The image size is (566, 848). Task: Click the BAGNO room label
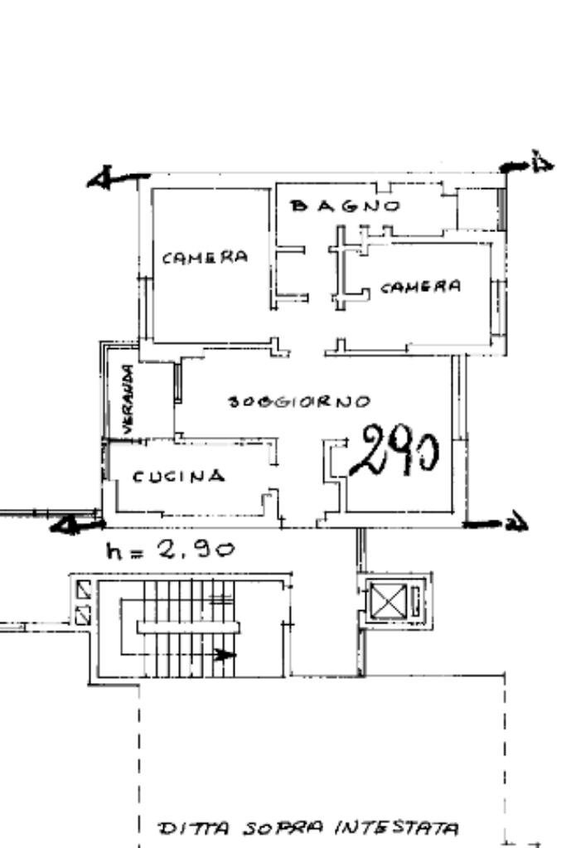(346, 206)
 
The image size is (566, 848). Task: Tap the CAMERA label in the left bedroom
(205, 257)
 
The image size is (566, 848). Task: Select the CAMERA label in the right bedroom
(420, 287)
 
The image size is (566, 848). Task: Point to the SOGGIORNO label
(298, 403)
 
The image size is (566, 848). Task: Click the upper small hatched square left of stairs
(83, 591)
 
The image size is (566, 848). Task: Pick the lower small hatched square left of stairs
(83, 614)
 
